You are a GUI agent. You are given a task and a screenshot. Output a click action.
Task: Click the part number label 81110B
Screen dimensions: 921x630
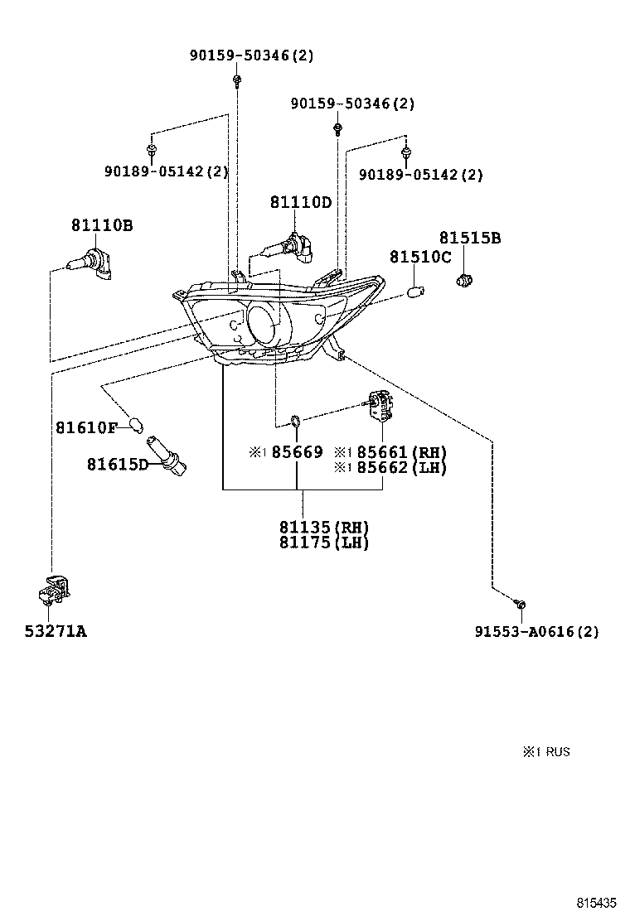click(102, 225)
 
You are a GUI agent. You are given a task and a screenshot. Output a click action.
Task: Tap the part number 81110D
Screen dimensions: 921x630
click(300, 203)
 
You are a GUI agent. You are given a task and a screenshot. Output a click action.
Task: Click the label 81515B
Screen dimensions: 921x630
click(470, 239)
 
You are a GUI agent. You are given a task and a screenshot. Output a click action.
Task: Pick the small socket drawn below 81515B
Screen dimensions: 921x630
click(466, 280)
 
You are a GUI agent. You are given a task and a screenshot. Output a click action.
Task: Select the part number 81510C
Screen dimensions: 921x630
click(420, 258)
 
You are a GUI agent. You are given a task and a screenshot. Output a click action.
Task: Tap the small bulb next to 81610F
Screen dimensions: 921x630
click(136, 426)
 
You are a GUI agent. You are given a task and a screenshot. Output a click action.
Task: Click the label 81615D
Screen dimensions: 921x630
click(117, 464)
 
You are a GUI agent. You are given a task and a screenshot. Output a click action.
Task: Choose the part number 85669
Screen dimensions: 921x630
click(297, 452)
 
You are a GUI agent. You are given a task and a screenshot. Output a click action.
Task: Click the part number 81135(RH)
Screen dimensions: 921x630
click(323, 528)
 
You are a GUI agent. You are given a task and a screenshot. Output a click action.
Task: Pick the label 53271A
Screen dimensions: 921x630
click(56, 632)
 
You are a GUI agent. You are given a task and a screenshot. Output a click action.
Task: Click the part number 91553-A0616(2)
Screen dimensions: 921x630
click(536, 632)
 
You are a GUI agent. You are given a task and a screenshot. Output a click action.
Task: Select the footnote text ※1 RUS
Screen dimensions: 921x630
click(546, 752)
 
